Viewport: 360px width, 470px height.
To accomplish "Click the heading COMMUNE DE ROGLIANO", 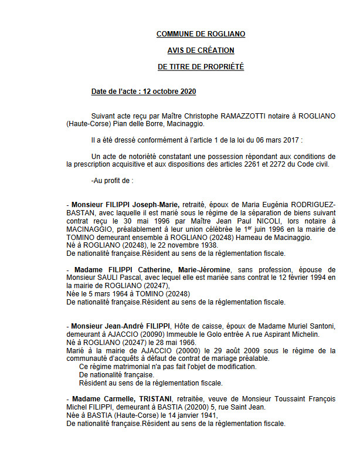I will point(201,34).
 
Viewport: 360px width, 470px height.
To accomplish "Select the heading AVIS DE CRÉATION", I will point(201,50).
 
